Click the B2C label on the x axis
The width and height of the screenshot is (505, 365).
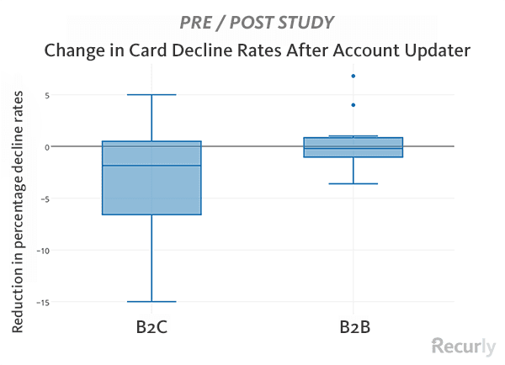[x=151, y=327]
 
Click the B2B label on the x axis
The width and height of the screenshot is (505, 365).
[x=353, y=327]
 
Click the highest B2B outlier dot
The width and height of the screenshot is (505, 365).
[x=353, y=77]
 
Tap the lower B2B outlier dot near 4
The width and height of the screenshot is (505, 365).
[x=353, y=105]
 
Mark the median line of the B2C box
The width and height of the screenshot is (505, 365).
[x=151, y=166]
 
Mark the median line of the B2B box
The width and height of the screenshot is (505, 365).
[x=353, y=149]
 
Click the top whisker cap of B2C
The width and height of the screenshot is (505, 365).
[x=151, y=95]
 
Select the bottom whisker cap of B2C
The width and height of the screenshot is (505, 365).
[x=151, y=301]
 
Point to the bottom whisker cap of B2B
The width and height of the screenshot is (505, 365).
[x=353, y=183]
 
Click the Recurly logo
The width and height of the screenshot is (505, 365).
[x=463, y=346]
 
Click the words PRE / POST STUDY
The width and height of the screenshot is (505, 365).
[x=252, y=21]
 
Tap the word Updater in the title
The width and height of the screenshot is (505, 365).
[x=430, y=50]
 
